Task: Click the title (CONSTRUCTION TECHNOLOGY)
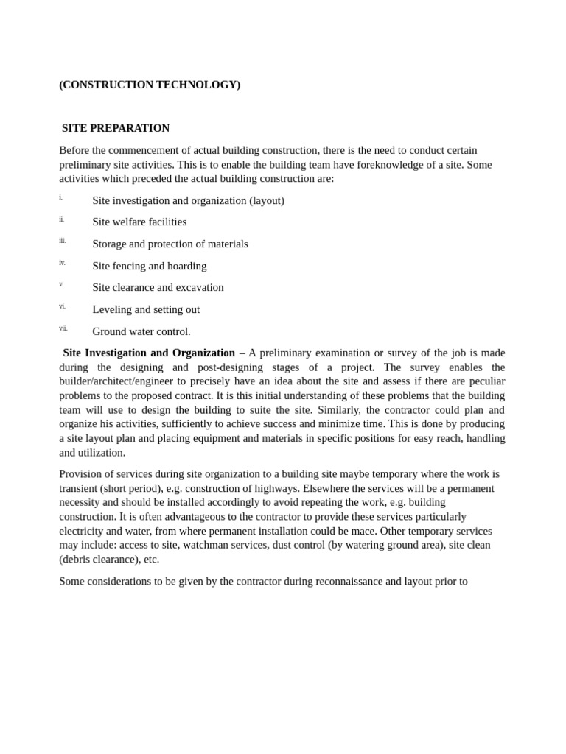tap(150, 85)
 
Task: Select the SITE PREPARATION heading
tap(116, 128)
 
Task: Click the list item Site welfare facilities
tap(139, 222)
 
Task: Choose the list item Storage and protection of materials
tap(170, 244)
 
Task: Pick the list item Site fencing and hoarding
tap(150, 266)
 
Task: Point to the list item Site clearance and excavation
tap(158, 287)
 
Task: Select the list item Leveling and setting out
tap(146, 309)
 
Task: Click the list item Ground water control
tap(141, 331)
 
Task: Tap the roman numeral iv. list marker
tap(63, 263)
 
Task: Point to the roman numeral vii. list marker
tap(63, 328)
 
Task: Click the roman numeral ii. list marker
tap(62, 219)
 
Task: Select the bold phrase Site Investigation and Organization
tap(149, 353)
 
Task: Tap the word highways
tap(275, 488)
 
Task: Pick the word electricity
tap(82, 531)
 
